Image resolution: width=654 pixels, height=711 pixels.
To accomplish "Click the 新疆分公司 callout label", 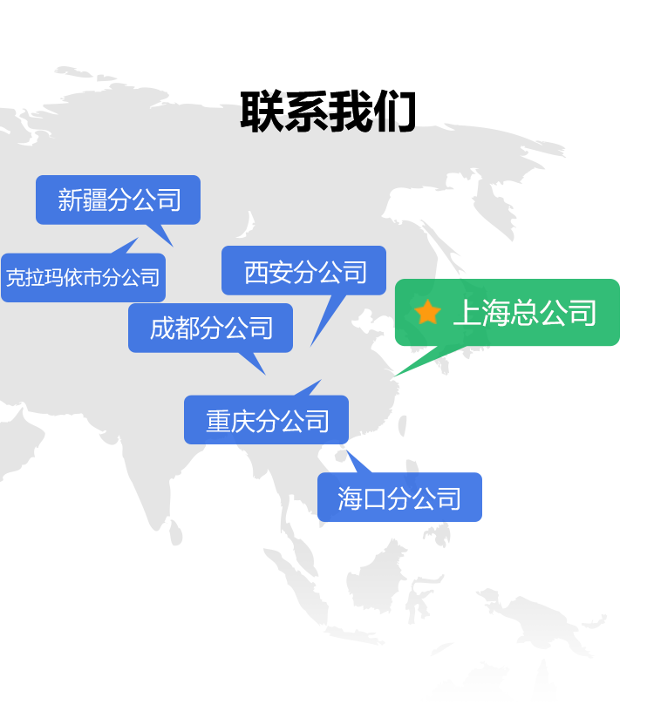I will [x=118, y=200].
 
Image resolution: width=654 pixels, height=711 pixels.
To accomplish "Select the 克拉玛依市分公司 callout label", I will [x=83, y=278].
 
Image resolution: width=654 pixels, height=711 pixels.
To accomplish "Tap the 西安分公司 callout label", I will [x=303, y=272].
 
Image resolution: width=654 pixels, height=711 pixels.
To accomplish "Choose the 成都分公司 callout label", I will [x=210, y=328].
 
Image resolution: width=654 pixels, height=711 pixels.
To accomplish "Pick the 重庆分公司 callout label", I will [x=266, y=421].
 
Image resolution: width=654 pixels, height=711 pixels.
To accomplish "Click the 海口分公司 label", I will [x=399, y=498].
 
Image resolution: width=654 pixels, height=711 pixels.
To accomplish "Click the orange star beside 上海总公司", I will [x=427, y=312].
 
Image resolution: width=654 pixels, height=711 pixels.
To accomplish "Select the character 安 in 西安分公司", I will [x=280, y=272].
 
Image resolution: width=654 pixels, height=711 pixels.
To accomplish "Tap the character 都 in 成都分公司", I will [x=187, y=328].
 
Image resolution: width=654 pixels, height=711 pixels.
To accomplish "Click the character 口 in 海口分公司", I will [x=375, y=498].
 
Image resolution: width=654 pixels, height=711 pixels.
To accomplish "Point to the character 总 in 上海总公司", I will [x=524, y=313].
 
